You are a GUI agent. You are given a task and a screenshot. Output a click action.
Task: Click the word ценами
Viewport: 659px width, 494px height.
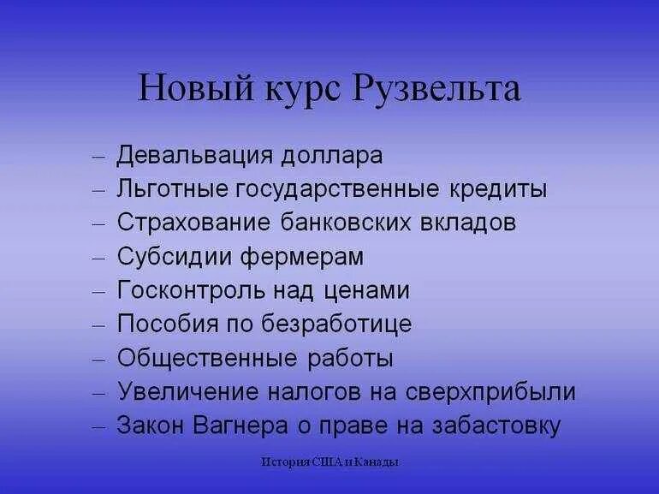[368, 291]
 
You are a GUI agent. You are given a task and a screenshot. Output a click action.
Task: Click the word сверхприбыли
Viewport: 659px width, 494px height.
[506, 392]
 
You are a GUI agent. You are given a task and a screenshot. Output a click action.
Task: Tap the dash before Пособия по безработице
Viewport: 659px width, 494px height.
[98, 325]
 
